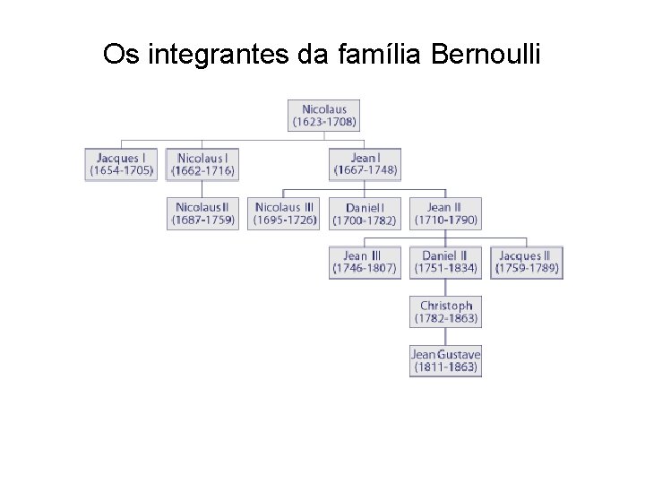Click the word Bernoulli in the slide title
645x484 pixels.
486,55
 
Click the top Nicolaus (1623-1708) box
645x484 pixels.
323,116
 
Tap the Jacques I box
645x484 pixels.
121,165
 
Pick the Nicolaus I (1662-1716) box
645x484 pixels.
202,165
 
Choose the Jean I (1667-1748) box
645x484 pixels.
365,165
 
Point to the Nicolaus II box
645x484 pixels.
202,213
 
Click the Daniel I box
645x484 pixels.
365,213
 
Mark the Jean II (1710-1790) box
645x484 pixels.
445,213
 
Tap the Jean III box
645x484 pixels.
365,262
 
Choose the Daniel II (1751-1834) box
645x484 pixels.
445,262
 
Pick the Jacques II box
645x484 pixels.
526,262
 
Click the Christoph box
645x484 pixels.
445,312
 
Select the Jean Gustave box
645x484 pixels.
445,360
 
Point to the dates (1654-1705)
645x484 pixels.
121,170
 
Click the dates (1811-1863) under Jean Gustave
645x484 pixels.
445,367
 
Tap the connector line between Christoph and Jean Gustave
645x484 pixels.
445,336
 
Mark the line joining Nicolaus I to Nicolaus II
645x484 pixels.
202,189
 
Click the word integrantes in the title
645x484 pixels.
215,55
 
